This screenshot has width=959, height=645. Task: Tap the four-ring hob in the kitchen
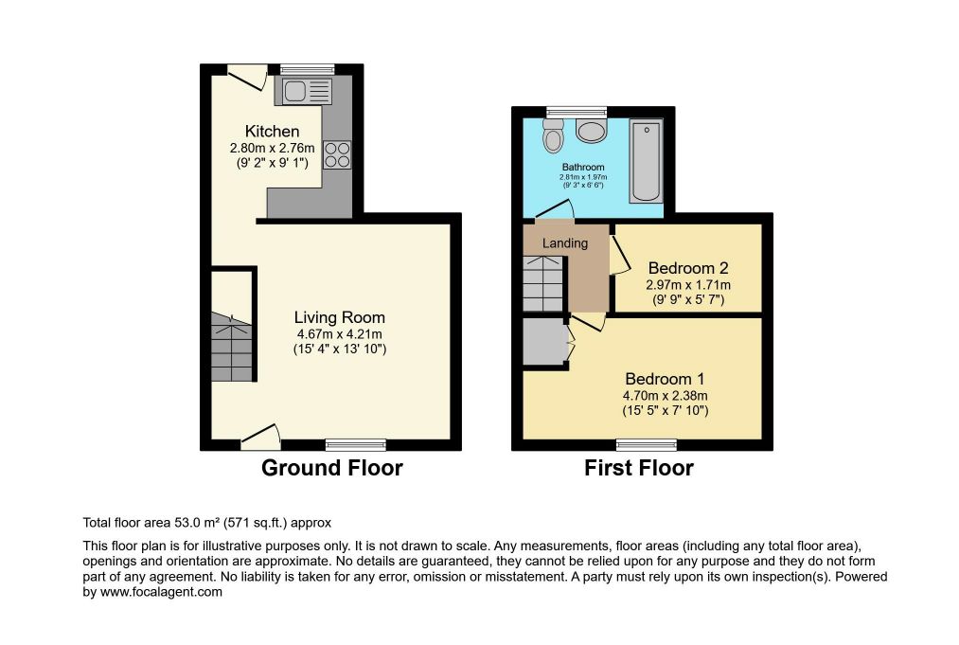tap(338, 154)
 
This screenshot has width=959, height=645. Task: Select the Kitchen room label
tap(272, 131)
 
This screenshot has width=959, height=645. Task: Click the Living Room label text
tap(340, 317)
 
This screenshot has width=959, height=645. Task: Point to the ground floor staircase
tap(232, 347)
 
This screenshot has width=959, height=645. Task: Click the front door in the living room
tap(261, 437)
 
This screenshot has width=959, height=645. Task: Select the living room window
tap(356, 444)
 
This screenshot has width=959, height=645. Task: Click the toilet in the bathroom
tap(554, 135)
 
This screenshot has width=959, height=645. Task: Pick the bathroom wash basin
tap(591, 131)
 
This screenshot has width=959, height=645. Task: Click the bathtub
tap(647, 162)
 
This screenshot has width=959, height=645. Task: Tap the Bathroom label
tap(583, 167)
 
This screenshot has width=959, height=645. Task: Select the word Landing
tap(565, 243)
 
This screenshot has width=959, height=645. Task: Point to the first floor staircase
tap(543, 284)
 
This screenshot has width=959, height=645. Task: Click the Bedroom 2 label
tap(688, 268)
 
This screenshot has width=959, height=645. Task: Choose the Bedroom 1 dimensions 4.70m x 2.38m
tap(666, 396)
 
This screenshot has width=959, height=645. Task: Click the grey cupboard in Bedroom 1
tap(545, 341)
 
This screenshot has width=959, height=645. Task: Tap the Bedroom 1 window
tap(647, 444)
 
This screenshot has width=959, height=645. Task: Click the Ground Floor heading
tap(332, 468)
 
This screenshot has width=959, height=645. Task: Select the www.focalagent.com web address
tap(161, 592)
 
